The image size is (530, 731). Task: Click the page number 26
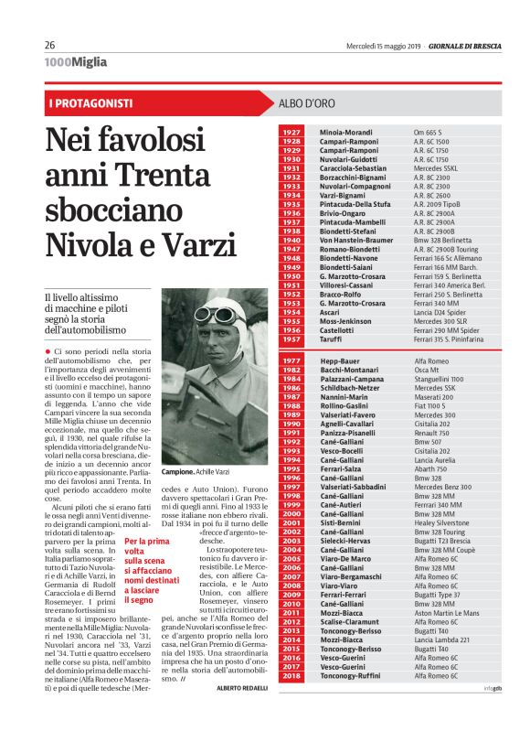click(51, 44)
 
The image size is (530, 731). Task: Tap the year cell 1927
click(291, 133)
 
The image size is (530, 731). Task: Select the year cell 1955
click(291, 321)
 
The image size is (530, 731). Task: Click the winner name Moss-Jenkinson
click(345, 321)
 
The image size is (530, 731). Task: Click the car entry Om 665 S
click(429, 133)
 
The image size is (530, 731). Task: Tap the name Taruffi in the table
click(333, 339)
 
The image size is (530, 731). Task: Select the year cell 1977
click(291, 362)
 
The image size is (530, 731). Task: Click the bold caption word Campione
click(178, 471)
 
